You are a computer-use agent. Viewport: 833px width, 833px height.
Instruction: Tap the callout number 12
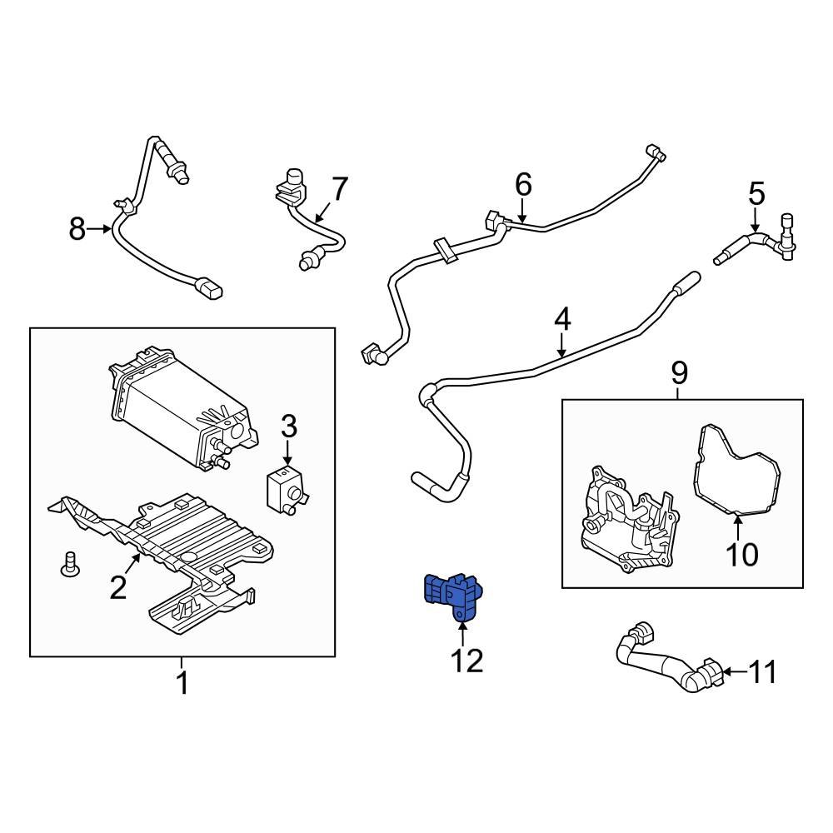[466, 661]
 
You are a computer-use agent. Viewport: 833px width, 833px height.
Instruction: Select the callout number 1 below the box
[182, 684]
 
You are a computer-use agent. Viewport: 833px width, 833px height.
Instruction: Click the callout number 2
[118, 588]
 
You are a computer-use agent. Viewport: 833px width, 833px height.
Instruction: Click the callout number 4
[562, 318]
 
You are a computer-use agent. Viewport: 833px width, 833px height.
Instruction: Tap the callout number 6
[522, 184]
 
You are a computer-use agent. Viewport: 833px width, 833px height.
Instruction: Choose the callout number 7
[338, 190]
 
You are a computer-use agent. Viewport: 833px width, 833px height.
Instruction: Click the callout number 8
[77, 228]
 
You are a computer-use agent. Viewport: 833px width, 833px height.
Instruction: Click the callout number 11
[763, 671]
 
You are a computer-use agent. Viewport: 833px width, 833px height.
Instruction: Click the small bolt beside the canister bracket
[70, 564]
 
